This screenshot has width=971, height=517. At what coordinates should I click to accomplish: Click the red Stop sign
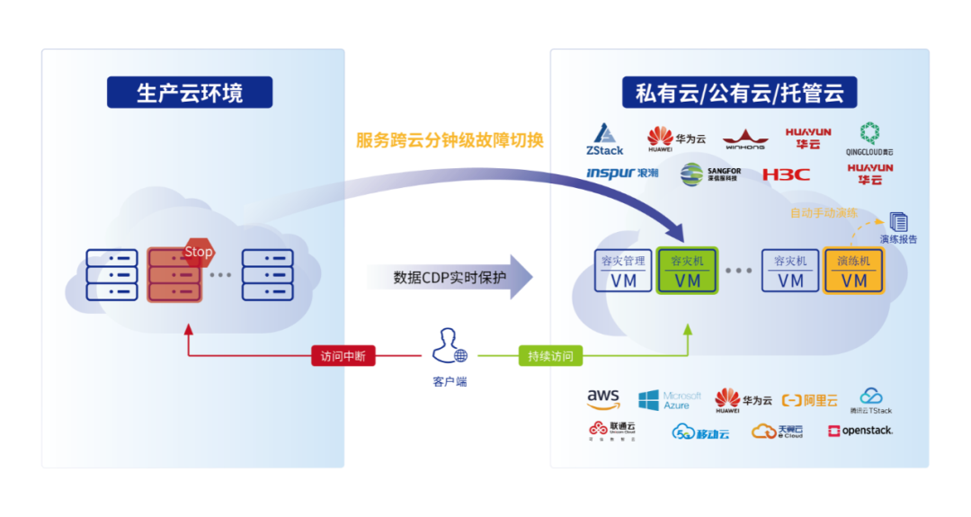coord(199,252)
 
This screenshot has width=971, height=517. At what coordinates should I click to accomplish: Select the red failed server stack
coord(174,274)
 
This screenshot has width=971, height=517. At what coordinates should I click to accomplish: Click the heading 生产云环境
coord(190,93)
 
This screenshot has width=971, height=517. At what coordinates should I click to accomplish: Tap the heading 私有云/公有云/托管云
coord(739,93)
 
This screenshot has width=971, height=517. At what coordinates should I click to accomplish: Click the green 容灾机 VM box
coord(688,270)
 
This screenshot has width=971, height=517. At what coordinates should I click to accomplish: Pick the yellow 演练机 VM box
coord(853,270)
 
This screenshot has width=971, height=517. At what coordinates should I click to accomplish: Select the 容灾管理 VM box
coord(623,270)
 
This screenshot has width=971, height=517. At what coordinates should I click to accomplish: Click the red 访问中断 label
coord(343,355)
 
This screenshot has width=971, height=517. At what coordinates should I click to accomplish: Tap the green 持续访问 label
coord(549,355)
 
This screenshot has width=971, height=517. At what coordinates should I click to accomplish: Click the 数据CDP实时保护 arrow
coord(450,277)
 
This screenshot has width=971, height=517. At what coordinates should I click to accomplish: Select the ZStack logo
coord(604,138)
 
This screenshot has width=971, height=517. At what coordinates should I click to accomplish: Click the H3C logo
coord(786,174)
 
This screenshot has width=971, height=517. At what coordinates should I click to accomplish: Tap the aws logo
coord(603,399)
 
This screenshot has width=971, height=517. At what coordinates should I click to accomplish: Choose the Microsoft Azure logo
coord(670,400)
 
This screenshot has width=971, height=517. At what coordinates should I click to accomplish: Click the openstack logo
coord(860,431)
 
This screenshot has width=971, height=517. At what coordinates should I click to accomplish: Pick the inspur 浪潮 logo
coord(622,173)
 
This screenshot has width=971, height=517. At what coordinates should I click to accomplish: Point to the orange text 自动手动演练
coord(824,213)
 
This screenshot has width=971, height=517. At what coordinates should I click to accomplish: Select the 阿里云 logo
coord(809,400)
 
